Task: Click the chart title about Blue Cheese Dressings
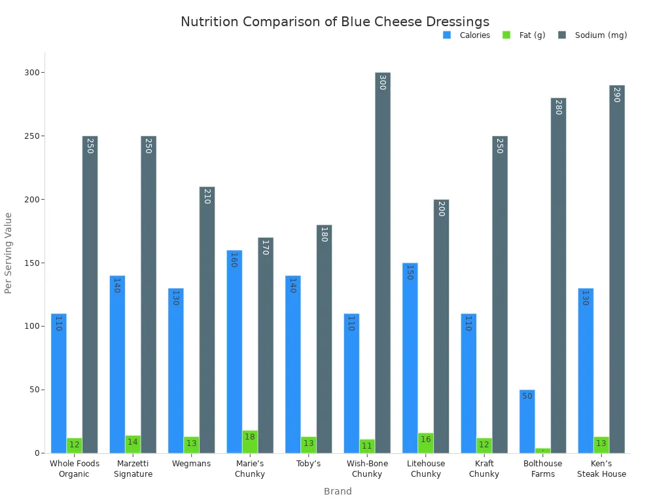click(334, 22)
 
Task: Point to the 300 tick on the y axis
click(33, 73)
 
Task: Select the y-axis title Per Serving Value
click(9, 253)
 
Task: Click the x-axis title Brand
click(338, 491)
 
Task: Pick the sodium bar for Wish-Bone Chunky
click(382, 262)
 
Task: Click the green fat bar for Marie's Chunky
click(250, 441)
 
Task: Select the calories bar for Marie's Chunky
click(234, 351)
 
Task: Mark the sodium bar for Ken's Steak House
click(616, 269)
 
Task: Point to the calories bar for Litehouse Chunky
click(410, 358)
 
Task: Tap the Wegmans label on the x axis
click(191, 464)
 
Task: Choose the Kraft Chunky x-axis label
click(484, 469)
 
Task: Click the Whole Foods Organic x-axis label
click(75, 469)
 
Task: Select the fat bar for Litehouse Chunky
click(425, 443)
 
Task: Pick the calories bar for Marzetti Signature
click(117, 364)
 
